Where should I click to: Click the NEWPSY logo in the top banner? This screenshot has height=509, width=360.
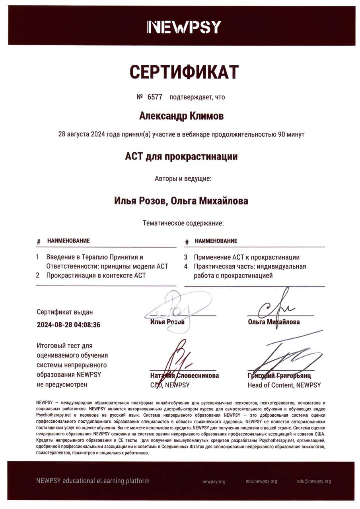184,27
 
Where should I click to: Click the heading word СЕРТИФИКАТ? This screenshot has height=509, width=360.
184,72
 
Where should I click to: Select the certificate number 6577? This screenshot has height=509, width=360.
155,97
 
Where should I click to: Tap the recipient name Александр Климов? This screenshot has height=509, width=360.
181,116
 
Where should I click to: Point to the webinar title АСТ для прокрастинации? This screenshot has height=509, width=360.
181,157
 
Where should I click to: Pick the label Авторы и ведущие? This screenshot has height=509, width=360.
183,179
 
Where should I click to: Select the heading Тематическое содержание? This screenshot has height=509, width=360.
183,223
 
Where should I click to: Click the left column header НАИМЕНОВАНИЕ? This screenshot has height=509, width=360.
68,241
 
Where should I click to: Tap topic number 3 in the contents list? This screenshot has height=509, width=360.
186,257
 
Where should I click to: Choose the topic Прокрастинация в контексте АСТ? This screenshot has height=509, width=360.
96,276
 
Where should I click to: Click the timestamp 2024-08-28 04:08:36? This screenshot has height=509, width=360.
68,325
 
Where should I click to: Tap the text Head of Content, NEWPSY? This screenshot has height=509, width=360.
284,385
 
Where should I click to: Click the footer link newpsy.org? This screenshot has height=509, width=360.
214,482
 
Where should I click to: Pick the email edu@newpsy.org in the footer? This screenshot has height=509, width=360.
313,481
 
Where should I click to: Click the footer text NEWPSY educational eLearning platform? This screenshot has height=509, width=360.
93,481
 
